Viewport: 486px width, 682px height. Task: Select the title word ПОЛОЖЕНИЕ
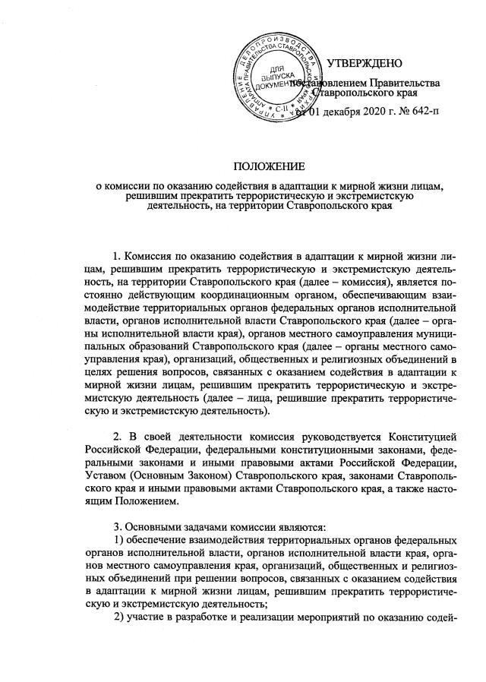click(x=267, y=166)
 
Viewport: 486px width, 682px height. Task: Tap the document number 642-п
click(x=423, y=112)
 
